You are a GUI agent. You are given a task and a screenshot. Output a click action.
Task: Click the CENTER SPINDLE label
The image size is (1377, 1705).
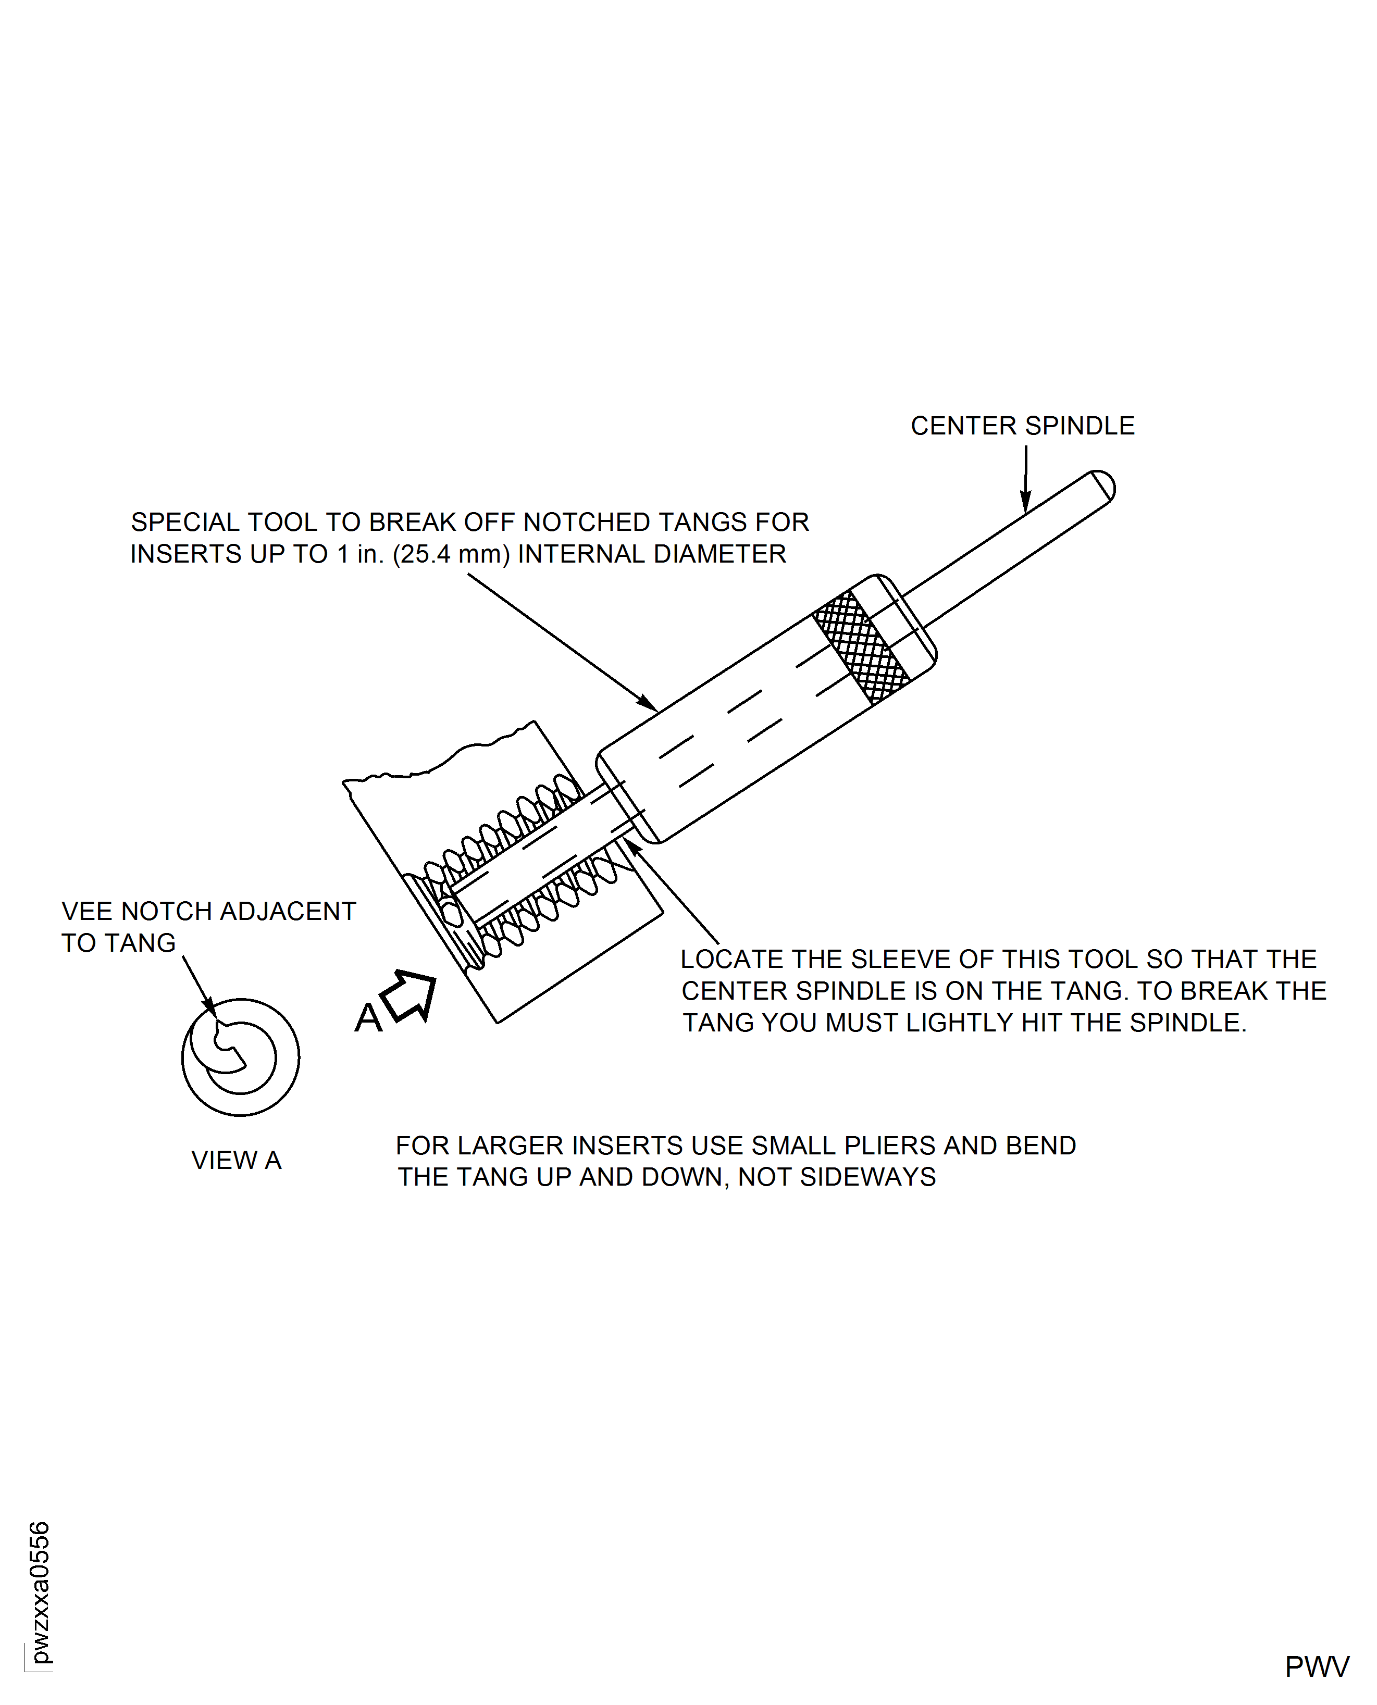(1022, 426)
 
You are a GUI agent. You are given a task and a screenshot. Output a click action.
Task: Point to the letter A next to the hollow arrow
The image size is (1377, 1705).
(368, 1018)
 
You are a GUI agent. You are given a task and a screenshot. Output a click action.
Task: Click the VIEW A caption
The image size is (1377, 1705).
(237, 1160)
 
